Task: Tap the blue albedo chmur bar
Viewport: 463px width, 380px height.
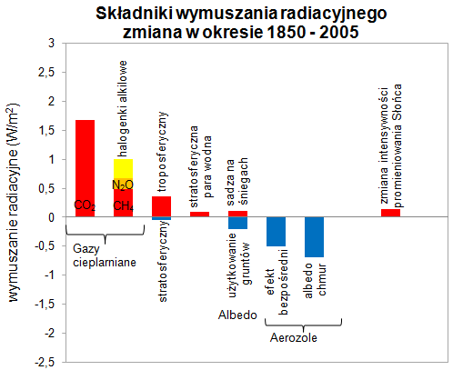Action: (315, 236)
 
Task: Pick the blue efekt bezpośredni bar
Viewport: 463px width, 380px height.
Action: (276, 231)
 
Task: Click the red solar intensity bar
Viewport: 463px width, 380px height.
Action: (390, 213)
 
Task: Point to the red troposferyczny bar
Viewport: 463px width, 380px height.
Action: (161, 206)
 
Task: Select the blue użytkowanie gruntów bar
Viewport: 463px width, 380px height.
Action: (237, 223)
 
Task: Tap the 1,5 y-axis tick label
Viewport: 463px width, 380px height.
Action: (46, 130)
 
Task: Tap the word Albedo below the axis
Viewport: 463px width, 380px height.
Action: (238, 315)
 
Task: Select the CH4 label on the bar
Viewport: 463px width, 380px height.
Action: (123, 206)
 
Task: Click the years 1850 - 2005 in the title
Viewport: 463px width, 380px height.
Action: (302, 33)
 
